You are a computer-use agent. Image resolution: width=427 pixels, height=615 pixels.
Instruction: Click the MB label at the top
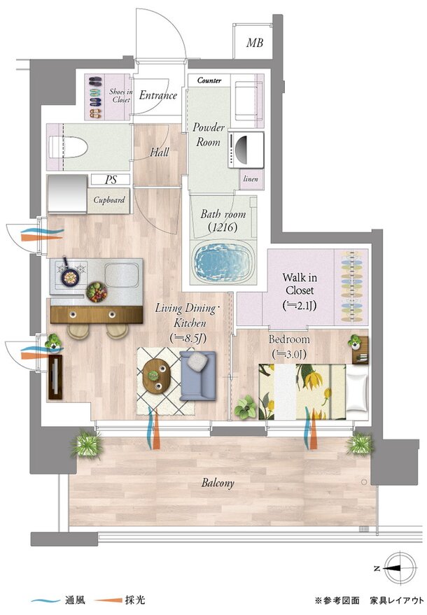click(254, 43)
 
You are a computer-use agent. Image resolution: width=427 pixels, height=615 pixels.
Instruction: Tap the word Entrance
click(157, 95)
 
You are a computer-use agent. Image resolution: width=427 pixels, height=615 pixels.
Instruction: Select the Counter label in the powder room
click(209, 80)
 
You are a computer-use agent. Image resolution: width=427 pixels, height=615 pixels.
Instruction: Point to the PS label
click(111, 180)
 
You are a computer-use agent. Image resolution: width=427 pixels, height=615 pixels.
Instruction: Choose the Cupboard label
click(109, 200)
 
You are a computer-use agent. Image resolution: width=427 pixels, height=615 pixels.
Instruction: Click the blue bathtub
click(222, 262)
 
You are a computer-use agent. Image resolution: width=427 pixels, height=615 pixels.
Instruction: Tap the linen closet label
click(251, 179)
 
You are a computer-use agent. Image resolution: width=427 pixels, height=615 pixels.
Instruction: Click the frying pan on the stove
click(69, 276)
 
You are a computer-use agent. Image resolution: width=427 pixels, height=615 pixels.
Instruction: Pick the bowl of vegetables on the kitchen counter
click(97, 292)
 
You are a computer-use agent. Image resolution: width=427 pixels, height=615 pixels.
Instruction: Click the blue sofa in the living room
click(197, 375)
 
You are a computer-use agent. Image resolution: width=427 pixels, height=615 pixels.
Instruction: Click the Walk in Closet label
click(300, 292)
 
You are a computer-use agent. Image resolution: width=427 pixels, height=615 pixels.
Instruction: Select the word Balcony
click(218, 483)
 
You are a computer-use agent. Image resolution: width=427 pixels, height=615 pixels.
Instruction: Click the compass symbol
click(400, 568)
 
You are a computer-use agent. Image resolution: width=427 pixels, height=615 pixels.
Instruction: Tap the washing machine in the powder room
click(246, 150)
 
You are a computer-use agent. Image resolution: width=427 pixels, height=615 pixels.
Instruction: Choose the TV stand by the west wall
click(55, 377)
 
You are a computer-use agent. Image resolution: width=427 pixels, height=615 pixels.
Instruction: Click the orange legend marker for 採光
click(108, 600)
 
